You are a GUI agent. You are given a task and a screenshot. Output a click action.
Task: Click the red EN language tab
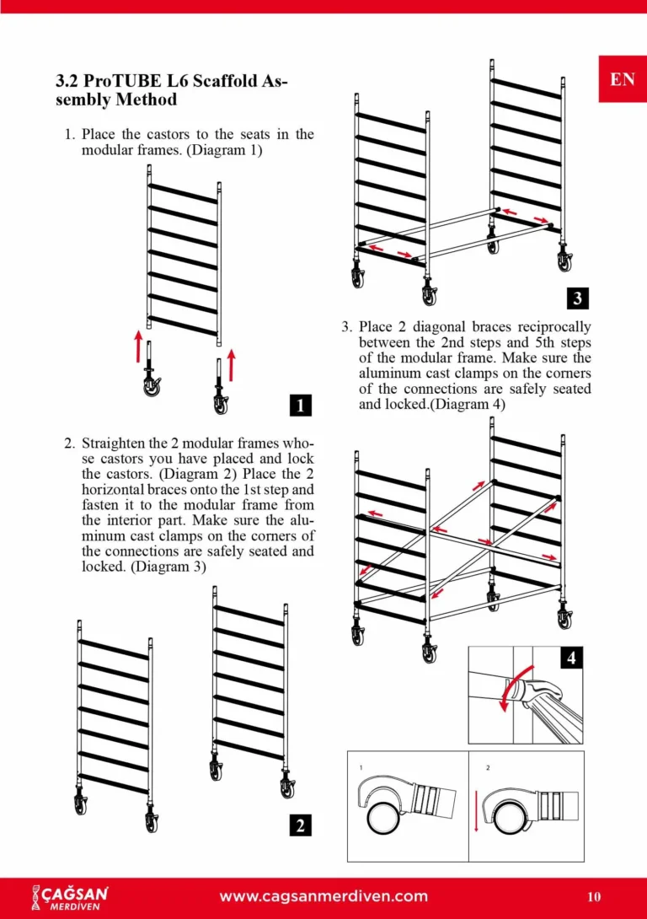[x=623, y=79]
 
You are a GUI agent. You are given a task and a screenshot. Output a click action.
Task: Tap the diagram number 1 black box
[x=301, y=405]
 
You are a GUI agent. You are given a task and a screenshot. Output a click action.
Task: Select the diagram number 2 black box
[x=301, y=825]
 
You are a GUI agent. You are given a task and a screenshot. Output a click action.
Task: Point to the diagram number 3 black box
[x=577, y=297]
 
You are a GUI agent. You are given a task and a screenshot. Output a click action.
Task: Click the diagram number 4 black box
[x=572, y=658]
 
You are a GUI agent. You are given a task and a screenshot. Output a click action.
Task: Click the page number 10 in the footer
[x=594, y=897]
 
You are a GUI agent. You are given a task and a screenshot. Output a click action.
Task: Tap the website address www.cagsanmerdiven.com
[x=323, y=896]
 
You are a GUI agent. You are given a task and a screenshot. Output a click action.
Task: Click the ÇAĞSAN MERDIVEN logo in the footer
[x=70, y=896]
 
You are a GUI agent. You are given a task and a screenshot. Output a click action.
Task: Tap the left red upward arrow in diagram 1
[x=139, y=347]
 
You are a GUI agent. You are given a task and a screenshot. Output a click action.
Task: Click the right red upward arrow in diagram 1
[x=232, y=365]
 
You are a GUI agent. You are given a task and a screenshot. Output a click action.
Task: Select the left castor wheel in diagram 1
[x=152, y=387]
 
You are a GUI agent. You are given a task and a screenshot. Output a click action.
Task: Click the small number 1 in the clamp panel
[x=361, y=767]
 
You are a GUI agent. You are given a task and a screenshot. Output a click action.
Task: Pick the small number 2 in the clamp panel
[x=488, y=767]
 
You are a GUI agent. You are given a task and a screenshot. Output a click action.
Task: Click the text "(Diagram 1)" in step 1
[x=225, y=150]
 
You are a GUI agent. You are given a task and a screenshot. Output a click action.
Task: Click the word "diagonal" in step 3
[x=441, y=326]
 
